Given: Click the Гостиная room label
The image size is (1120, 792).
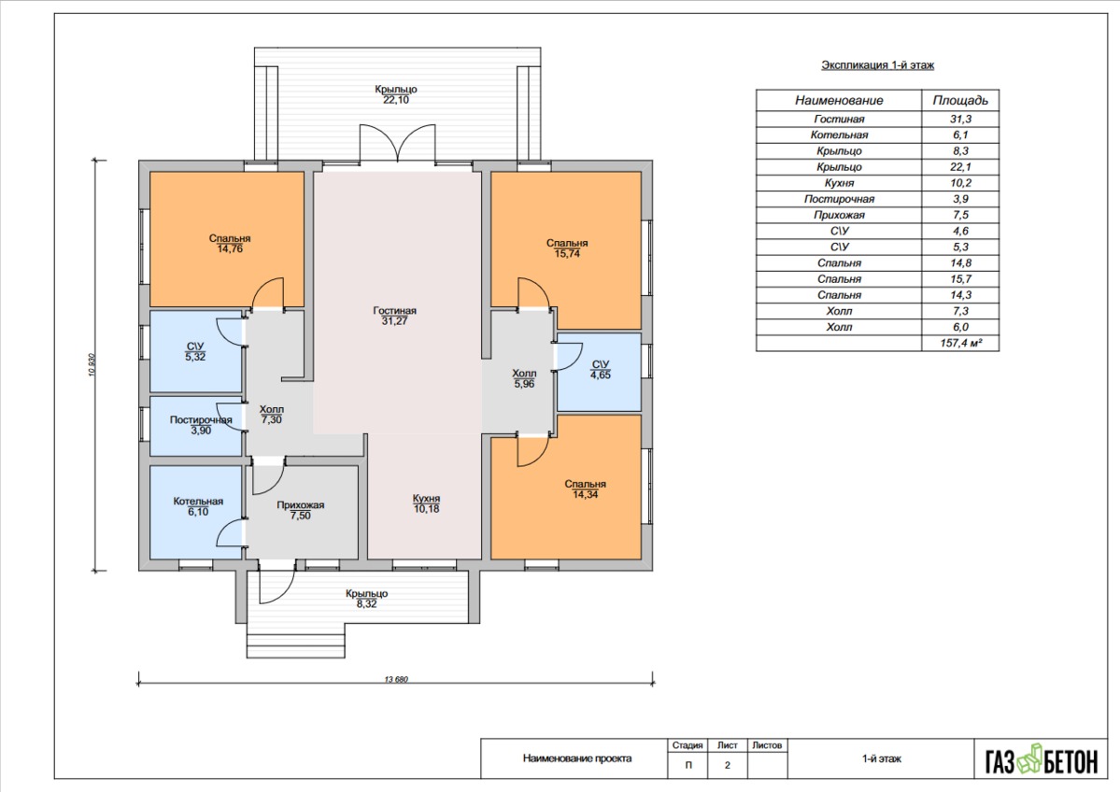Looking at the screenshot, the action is [394, 311].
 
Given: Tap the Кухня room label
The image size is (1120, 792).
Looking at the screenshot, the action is [427, 499].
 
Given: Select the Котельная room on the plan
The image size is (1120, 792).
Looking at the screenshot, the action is [196, 511].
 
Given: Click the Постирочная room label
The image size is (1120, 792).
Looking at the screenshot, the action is [201, 420].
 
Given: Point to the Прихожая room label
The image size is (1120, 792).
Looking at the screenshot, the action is [301, 505].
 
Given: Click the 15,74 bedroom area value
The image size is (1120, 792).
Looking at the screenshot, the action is [567, 253].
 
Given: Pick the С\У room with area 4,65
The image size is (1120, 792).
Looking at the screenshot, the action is [599, 372].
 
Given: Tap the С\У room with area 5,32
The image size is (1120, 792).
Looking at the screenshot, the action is [196, 351].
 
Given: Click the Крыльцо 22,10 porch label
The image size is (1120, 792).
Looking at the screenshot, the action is [396, 94].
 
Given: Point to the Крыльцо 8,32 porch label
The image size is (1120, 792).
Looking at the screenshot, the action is [366, 599].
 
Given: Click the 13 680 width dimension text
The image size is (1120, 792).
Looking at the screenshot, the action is [396, 679].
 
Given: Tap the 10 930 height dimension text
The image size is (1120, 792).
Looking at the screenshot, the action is [92, 365].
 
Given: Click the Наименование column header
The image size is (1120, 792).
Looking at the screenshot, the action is [839, 101].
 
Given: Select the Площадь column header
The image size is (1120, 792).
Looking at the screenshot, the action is [960, 101].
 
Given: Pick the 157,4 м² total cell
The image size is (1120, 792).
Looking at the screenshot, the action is [960, 344].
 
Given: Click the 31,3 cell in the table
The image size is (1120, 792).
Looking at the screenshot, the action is [960, 120].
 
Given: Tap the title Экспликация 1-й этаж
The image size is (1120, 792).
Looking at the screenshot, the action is [878, 65].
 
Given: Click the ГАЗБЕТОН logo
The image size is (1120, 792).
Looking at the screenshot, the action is [1042, 760].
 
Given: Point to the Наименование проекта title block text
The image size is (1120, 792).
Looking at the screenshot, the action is [577, 758].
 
